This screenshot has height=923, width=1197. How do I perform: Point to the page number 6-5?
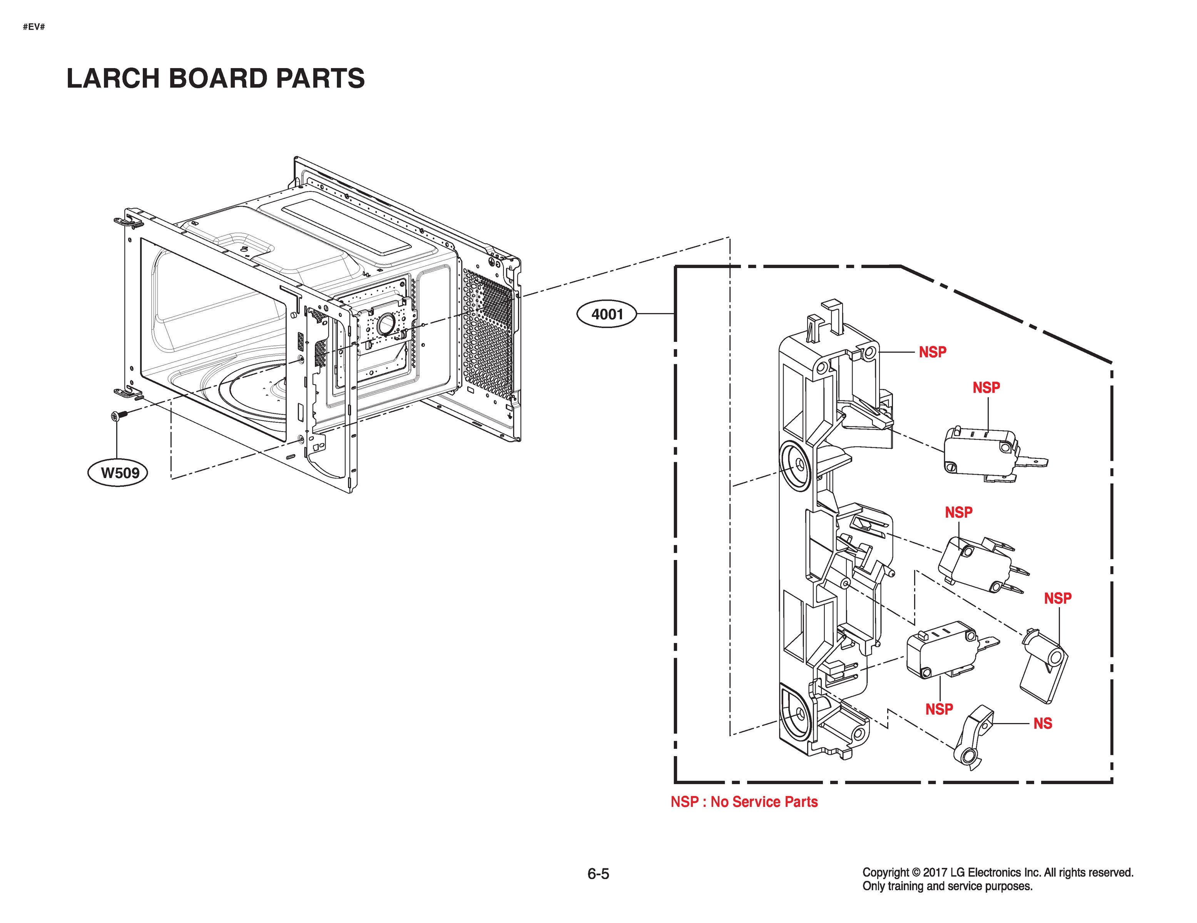598,874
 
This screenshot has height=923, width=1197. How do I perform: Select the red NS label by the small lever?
1042,724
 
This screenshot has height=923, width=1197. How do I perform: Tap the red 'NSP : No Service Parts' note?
744,802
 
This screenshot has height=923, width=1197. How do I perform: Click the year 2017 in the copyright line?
935,873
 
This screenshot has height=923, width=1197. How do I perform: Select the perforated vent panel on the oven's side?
488,334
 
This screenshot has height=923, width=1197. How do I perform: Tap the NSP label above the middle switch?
959,512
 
